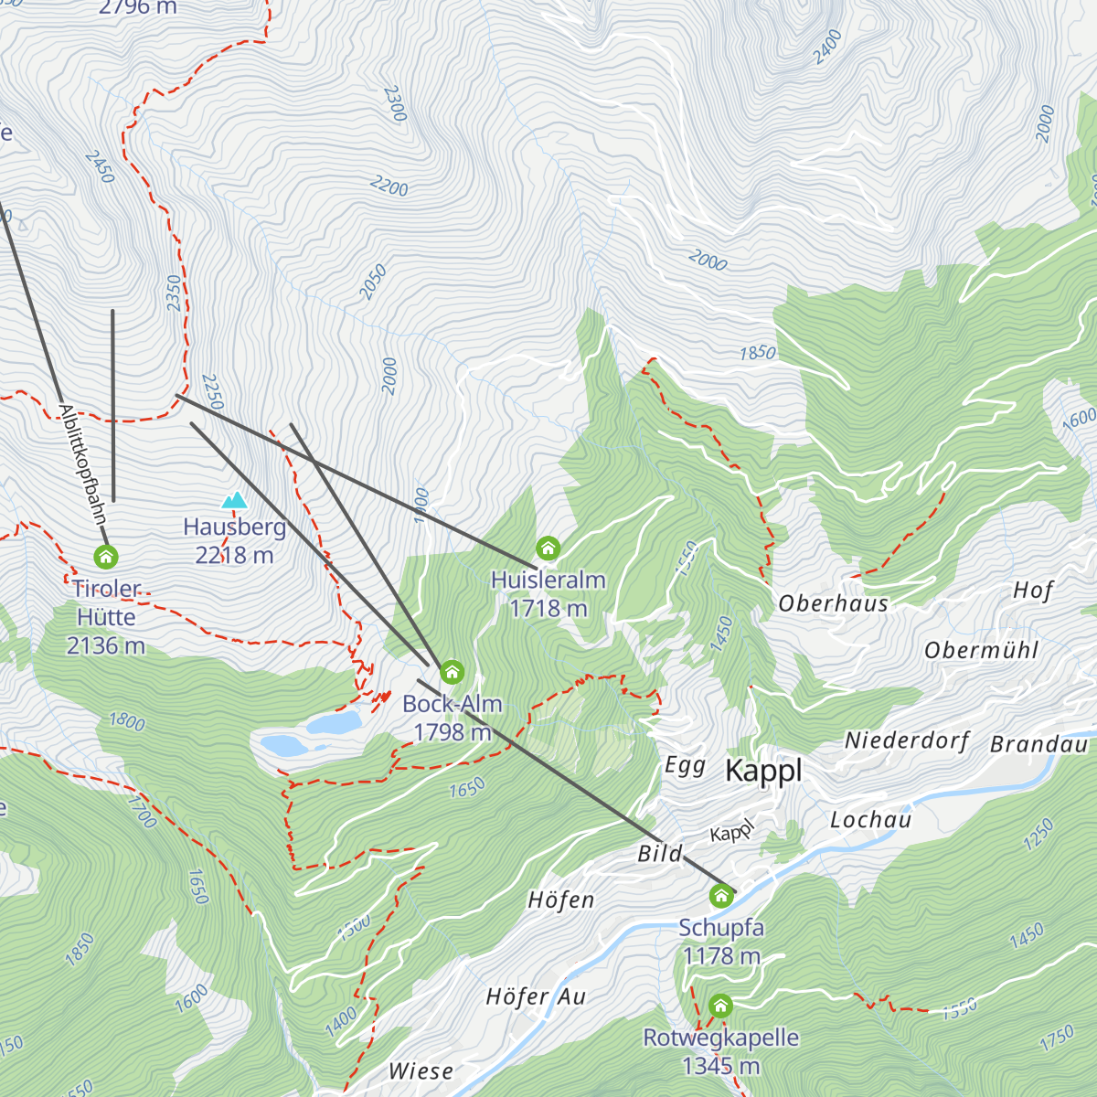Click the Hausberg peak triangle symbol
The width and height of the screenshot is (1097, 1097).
(235, 500)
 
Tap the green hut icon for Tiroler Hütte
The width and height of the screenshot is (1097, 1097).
(106, 556)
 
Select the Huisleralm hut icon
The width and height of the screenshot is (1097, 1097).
(548, 548)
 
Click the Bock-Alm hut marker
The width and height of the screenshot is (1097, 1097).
(452, 673)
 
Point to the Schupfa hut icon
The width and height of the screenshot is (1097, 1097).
(721, 896)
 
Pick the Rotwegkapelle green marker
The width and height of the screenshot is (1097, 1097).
(720, 1006)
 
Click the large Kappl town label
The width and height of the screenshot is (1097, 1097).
(763, 772)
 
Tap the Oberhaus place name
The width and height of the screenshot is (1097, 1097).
(833, 603)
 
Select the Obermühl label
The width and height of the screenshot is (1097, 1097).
(981, 651)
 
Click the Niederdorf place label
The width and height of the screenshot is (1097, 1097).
(906, 740)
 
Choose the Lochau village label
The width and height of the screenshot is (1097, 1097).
(870, 820)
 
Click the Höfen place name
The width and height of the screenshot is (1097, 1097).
(560, 900)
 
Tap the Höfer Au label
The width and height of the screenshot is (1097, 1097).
(536, 996)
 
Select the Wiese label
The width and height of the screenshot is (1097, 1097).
(421, 1070)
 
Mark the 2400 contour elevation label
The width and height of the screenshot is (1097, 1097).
(826, 47)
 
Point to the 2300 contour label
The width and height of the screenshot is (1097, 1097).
(395, 103)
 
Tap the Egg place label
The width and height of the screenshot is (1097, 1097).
(685, 765)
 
